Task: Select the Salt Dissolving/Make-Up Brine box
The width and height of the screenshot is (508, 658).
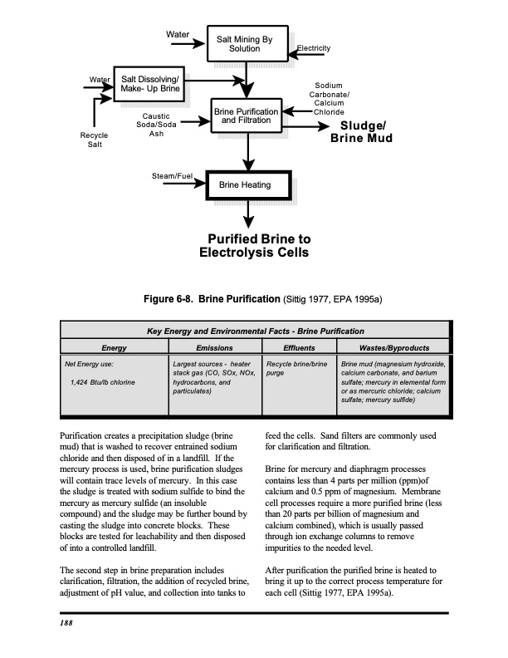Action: point(145,83)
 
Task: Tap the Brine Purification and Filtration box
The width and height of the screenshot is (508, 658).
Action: point(247,116)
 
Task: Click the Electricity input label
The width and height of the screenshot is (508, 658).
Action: point(314,49)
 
